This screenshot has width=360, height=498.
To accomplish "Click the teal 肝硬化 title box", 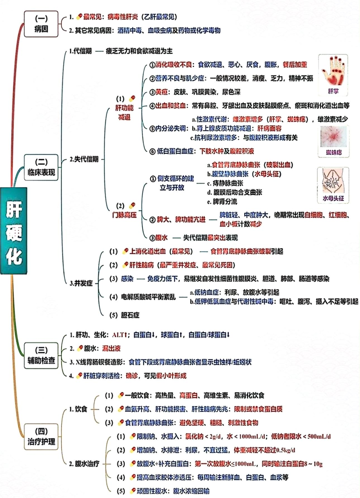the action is (14, 230).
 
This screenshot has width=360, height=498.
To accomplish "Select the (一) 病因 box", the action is (41, 24).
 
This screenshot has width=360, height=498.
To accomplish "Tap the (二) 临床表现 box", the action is (41, 167).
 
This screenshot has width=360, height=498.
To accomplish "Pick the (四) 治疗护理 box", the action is (41, 436).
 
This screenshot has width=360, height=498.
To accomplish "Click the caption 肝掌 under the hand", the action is (333, 91).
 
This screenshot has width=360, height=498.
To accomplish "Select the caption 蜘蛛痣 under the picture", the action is (334, 152).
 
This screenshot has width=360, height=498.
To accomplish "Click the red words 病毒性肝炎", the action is (123, 17).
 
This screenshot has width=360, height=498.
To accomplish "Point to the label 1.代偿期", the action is (80, 51).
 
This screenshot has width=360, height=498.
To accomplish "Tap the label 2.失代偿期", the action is (84, 160).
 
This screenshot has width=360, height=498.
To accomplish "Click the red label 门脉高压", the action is (124, 215).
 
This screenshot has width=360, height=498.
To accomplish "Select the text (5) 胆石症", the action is (124, 315).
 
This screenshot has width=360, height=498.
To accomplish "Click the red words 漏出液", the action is (111, 348).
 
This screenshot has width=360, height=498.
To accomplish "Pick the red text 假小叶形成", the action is (171, 376).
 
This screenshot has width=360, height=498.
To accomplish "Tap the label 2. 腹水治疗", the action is (85, 464).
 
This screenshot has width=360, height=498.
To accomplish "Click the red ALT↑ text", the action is (120, 335).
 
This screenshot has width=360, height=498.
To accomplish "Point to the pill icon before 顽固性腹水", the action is (133, 490).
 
